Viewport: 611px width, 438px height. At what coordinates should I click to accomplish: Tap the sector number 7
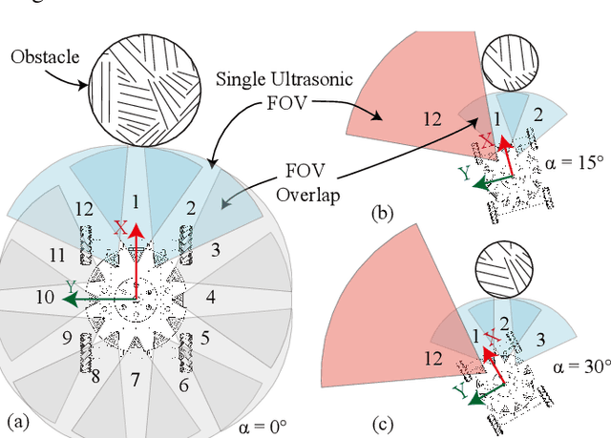(136, 380)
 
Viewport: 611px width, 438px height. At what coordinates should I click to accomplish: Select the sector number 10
(45, 298)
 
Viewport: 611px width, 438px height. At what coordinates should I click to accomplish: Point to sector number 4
(210, 298)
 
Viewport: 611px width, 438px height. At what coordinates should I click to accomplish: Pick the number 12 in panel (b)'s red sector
(432, 118)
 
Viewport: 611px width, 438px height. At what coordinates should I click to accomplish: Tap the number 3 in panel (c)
(539, 337)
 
